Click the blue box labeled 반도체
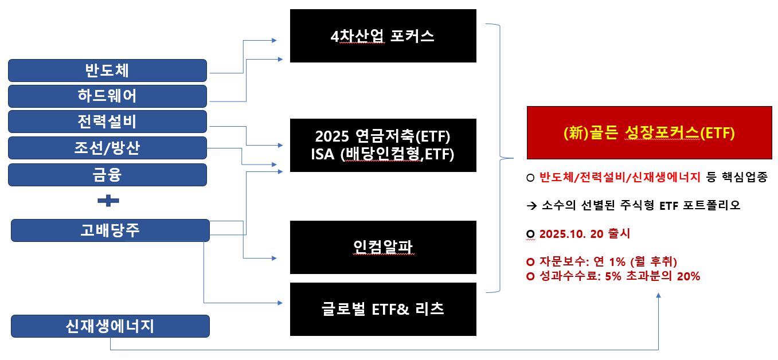[x=107, y=71]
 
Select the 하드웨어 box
[x=107, y=96]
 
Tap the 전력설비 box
[x=107, y=122]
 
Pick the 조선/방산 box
[x=107, y=148]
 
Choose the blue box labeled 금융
[x=107, y=174]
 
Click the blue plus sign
[x=108, y=201]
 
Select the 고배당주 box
[x=110, y=230]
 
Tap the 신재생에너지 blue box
[x=110, y=326]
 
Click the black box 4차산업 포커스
[x=383, y=36]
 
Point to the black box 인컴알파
[x=383, y=247]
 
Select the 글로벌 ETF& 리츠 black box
[x=383, y=309]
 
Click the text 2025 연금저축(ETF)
[x=383, y=137]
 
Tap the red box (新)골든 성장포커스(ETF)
[x=649, y=132]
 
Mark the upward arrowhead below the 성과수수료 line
[x=658, y=296]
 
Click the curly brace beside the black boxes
[x=500, y=157]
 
